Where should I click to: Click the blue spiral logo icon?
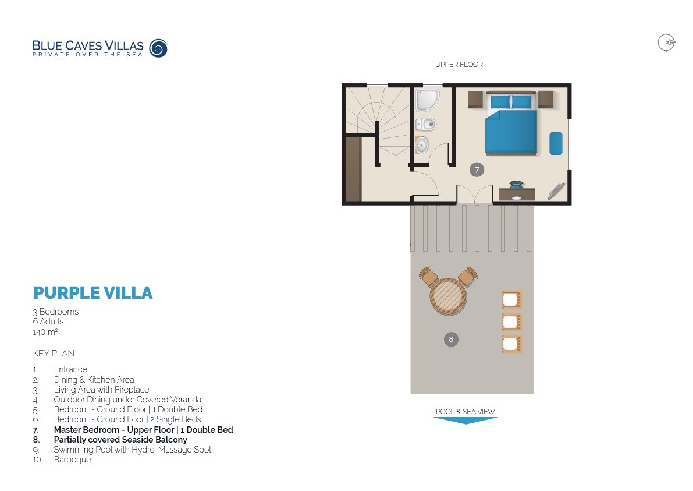point(158,48)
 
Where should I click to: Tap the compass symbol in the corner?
point(666,43)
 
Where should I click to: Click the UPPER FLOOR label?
point(459,65)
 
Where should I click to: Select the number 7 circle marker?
point(477,169)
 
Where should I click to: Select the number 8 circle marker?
point(450,339)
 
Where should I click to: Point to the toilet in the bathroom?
point(427,124)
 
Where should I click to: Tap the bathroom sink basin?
point(422,144)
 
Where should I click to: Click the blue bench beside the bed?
point(556,143)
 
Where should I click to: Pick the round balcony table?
point(448,296)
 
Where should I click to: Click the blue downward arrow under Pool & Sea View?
point(465,420)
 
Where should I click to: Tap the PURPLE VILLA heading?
point(93,292)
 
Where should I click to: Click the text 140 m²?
point(45,332)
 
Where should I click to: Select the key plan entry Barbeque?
point(72,460)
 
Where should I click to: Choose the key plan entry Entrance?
point(70,369)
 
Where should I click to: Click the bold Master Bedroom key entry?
point(143,430)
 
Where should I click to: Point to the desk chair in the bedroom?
point(516,185)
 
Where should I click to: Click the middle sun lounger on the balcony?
point(511,322)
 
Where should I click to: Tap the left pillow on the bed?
point(499,102)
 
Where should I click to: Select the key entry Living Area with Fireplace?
point(101,390)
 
